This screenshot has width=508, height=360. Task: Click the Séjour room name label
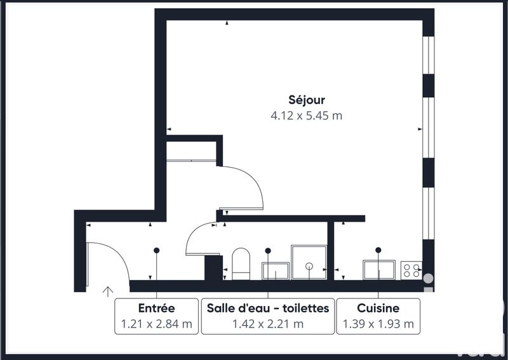click(x=306, y=100)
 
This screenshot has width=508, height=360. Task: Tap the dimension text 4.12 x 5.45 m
click(x=306, y=116)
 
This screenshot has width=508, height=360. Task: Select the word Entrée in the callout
click(x=156, y=308)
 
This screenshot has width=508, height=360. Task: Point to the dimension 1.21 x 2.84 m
click(x=156, y=324)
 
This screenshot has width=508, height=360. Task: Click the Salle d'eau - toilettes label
click(x=268, y=308)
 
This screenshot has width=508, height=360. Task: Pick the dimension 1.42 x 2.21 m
click(x=268, y=324)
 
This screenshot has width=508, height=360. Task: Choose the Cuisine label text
click(x=378, y=308)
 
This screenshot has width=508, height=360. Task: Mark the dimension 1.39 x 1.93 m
click(x=378, y=324)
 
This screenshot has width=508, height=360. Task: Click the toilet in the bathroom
click(x=241, y=264)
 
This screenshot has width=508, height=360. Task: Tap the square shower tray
click(x=309, y=262)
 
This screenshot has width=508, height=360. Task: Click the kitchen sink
click(x=379, y=270)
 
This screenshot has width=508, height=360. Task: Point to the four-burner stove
click(x=411, y=270)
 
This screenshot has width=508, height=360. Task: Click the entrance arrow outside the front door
click(x=108, y=292)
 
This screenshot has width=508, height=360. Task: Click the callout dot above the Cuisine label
click(x=378, y=250)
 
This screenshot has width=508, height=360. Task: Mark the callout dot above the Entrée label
click(x=156, y=250)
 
